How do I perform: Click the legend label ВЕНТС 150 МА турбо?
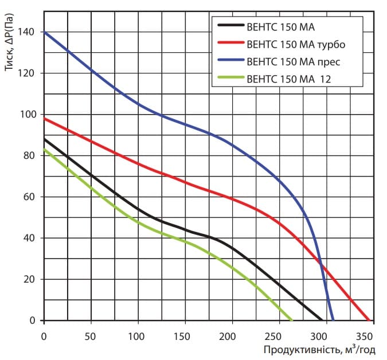pyautogui.click(x=296, y=43)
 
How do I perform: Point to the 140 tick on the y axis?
pyautogui.click(x=29, y=32)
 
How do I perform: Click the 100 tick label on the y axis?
pyautogui.click(x=29, y=115)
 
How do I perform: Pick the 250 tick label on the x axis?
pyautogui.click(x=276, y=335)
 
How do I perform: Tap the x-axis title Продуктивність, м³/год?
pyautogui.click(x=319, y=349)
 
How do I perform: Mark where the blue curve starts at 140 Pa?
pyautogui.click(x=45, y=32)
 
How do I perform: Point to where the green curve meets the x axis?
pyautogui.click(x=292, y=320)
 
